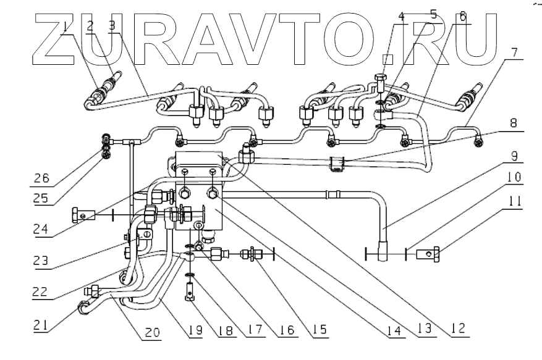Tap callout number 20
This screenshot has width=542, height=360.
coord(151,333)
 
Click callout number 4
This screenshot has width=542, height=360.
coord(401,17)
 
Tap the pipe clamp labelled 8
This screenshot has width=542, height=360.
coord(337,165)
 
